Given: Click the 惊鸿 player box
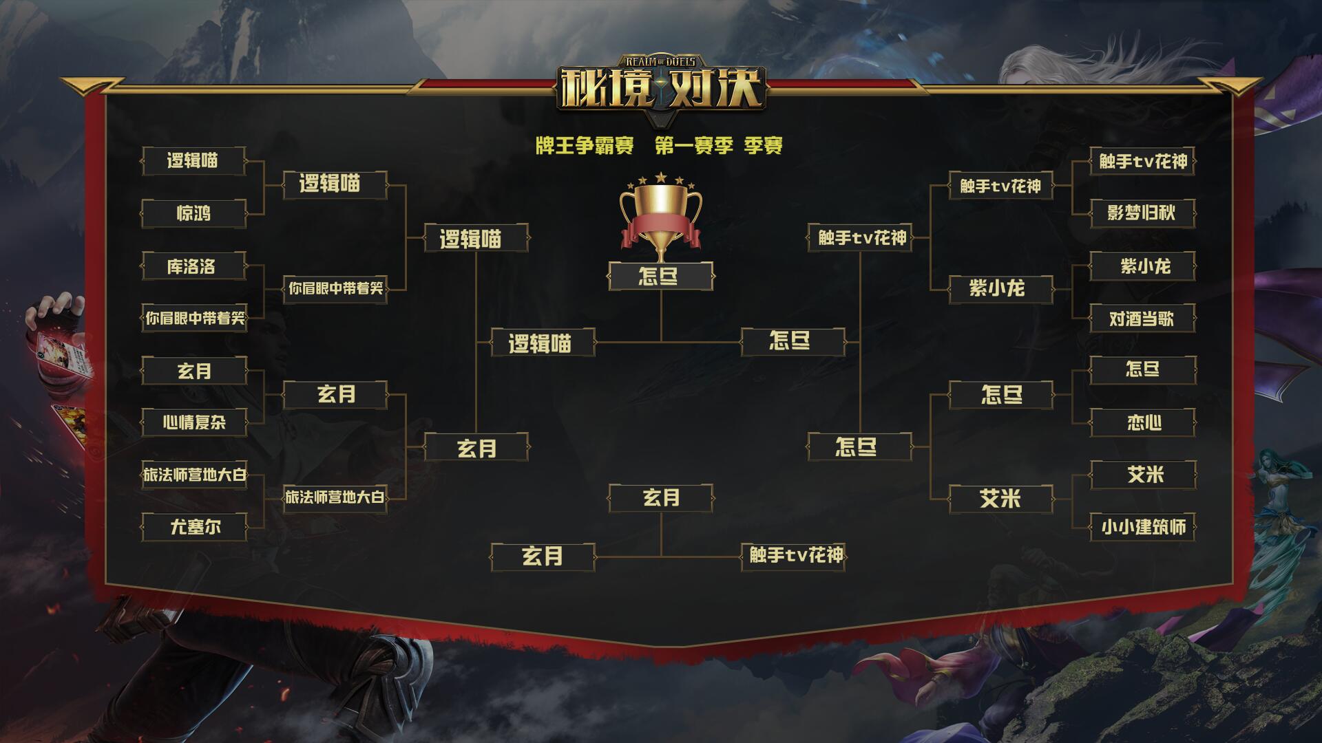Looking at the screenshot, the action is [x=194, y=213].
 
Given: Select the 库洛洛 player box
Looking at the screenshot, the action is [x=194, y=266].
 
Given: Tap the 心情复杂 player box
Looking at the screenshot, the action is [x=194, y=422].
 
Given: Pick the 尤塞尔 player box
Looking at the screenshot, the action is [x=194, y=528].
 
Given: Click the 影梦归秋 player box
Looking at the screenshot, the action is [x=1142, y=213].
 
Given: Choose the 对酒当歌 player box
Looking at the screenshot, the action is [x=1142, y=319].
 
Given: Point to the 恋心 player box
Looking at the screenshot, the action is [x=1142, y=422].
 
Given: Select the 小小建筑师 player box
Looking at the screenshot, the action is [x=1142, y=528].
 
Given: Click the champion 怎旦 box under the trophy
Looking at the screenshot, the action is [x=660, y=277].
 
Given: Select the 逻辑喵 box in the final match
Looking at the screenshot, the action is [x=543, y=343].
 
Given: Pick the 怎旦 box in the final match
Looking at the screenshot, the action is [x=793, y=341].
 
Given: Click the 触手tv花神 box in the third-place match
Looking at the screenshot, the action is [x=793, y=556].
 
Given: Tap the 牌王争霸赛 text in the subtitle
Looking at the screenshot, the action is [x=585, y=146].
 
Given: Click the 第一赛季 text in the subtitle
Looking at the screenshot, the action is [x=694, y=146].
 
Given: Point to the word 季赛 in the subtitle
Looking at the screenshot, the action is [x=764, y=146].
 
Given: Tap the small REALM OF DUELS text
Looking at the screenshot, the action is [x=661, y=62].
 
